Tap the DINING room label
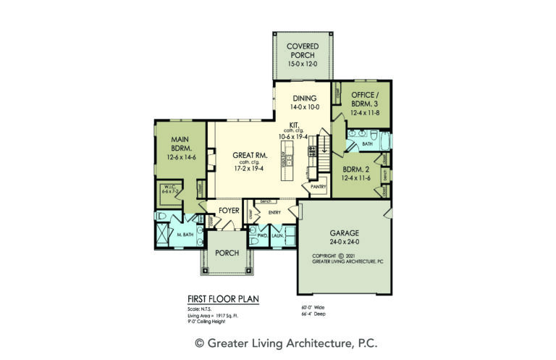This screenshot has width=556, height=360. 302,99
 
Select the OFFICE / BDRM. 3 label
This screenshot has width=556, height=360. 362,100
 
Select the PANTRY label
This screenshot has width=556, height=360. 319,187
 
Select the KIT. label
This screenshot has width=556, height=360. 295,125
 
